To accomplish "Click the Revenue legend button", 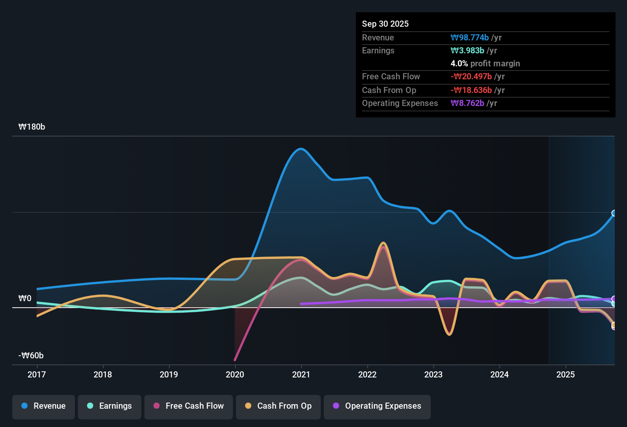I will click(x=44, y=406).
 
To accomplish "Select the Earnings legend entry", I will click(x=110, y=406).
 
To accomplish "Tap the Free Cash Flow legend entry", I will click(x=189, y=406).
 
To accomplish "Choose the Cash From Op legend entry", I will click(x=278, y=406).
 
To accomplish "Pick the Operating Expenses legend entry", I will click(x=377, y=406).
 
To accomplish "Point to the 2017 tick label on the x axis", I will click(x=37, y=374).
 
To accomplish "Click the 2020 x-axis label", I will click(x=235, y=374).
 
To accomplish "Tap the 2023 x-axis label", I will click(x=433, y=374).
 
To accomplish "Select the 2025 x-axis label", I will click(x=566, y=374).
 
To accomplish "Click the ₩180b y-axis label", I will click(x=32, y=127).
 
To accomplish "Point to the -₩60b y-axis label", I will click(x=31, y=356).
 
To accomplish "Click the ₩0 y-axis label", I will click(x=25, y=299).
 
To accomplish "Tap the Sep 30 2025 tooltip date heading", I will click(x=385, y=24).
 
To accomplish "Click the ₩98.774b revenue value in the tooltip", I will click(x=470, y=37).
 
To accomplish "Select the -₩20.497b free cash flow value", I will click(x=471, y=77).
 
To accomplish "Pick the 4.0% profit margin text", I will click(x=485, y=64).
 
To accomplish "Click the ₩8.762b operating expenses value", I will click(x=467, y=103).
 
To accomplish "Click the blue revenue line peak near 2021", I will click(x=301, y=149).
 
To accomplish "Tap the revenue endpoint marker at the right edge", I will click(x=614, y=213).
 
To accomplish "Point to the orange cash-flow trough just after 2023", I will click(x=449, y=334).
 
